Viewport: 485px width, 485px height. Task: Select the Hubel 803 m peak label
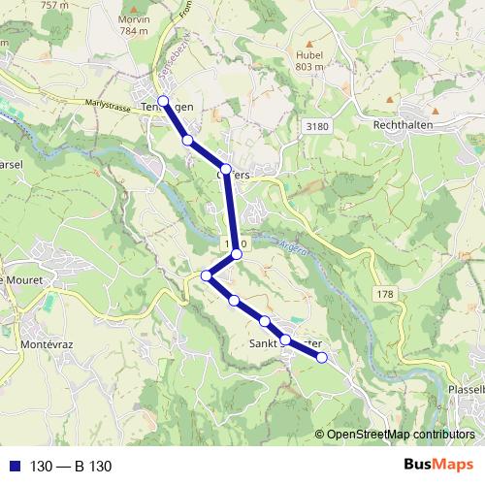[308, 61]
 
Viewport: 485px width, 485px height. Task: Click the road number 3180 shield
[315, 127]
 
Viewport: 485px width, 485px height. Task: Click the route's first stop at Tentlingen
[163, 101]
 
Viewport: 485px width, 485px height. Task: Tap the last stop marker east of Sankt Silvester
[322, 358]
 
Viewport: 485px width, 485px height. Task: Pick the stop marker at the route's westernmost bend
[206, 276]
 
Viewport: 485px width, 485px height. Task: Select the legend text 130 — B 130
[71, 466]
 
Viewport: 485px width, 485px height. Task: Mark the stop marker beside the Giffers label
[226, 171]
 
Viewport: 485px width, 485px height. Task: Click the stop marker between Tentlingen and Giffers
[188, 141]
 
